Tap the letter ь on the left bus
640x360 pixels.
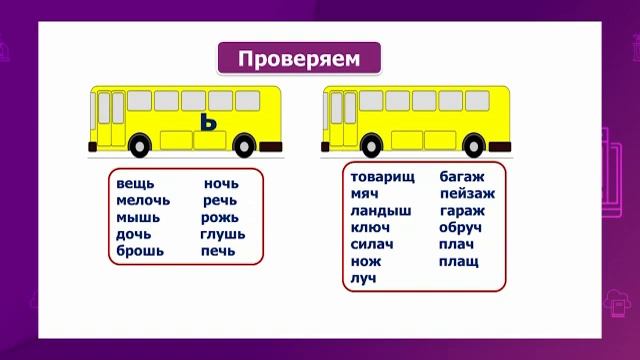pyautogui.click(x=207, y=123)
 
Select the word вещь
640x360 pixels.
pyautogui.click(x=134, y=184)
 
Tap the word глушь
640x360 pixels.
pyautogui.click(x=222, y=234)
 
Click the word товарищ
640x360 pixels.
pyautogui.click(x=383, y=177)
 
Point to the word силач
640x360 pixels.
pyautogui.click(x=372, y=244)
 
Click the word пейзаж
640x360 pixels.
pyautogui.click(x=467, y=194)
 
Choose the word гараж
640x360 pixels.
pyautogui.click(x=462, y=211)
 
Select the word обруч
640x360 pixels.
pyautogui.click(x=460, y=227)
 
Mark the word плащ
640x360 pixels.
pyautogui.click(x=458, y=261)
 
